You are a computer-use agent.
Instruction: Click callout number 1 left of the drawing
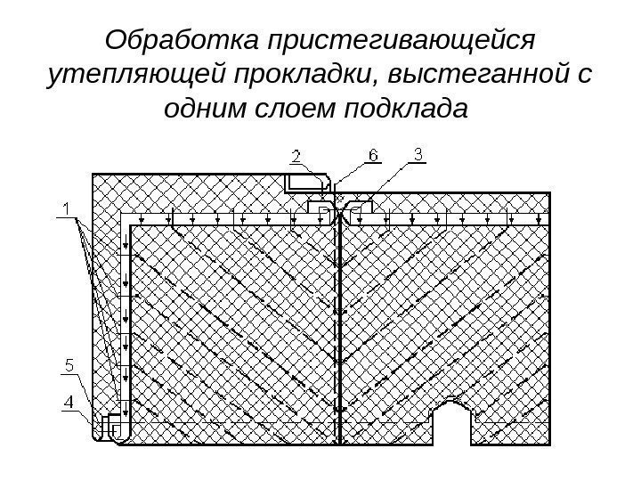pyautogui.click(x=66, y=209)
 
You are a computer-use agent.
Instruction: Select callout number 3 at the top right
pyautogui.click(x=419, y=155)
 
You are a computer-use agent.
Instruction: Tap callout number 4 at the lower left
pyautogui.click(x=68, y=403)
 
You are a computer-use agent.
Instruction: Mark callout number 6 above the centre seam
pyautogui.click(x=373, y=156)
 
